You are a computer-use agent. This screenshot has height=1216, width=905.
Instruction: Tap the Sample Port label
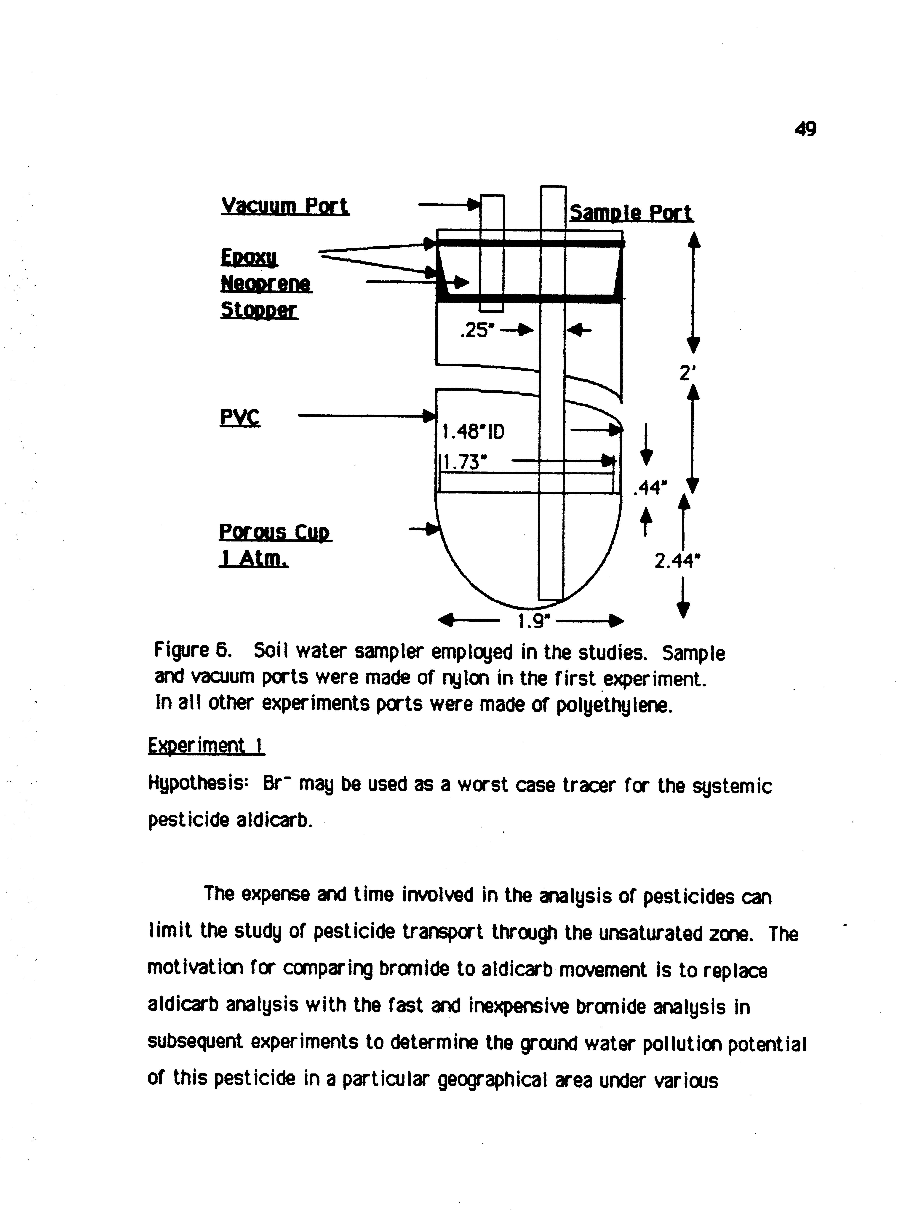click(631, 213)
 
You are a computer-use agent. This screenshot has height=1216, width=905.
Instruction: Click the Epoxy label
click(249, 258)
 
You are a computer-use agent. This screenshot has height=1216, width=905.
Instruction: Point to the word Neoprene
click(266, 284)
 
